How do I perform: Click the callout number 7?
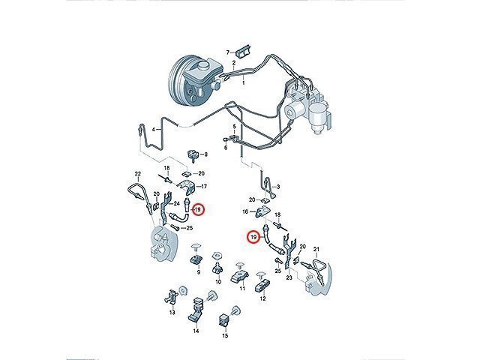[228, 53]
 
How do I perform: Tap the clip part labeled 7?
[244, 50]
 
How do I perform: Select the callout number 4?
[154, 130]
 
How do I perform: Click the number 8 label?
[205, 154]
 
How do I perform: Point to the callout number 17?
[204, 186]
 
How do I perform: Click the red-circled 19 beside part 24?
[196, 210]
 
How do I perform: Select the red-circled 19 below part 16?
[253, 237]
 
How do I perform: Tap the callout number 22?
[138, 174]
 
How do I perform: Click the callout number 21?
[316, 250]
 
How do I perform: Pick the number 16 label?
[245, 211]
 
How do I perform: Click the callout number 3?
[278, 187]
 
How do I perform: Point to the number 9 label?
[198, 272]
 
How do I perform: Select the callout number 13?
[172, 312]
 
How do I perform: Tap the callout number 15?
[225, 336]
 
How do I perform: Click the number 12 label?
[262, 298]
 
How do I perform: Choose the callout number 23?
[289, 277]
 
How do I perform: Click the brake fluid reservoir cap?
[204, 66]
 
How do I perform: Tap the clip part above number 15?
[224, 320]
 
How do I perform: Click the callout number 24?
[177, 203]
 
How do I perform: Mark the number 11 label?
[242, 288]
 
